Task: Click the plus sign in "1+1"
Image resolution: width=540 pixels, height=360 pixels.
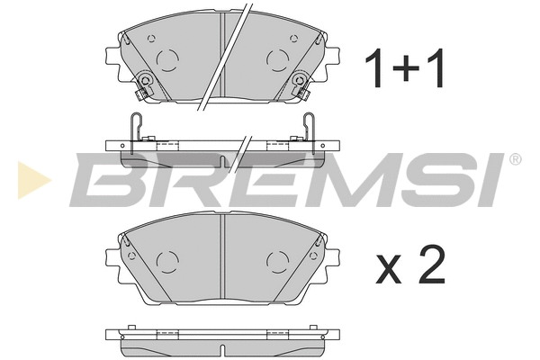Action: pyautogui.click(x=405, y=69)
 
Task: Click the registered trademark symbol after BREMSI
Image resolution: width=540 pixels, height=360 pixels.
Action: pyautogui.click(x=515, y=159)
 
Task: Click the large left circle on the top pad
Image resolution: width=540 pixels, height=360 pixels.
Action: pyautogui.click(x=168, y=58)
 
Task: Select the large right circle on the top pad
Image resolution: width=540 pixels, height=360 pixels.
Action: pyautogui.click(x=277, y=58)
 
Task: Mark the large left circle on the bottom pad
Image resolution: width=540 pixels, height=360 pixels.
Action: pyautogui.click(x=168, y=262)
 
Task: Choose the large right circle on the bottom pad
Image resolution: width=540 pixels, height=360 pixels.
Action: pyautogui.click(x=277, y=262)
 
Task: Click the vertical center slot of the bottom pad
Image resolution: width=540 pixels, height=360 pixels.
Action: pyautogui.click(x=222, y=261)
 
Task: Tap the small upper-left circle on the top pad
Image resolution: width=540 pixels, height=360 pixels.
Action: pyautogui.click(x=152, y=39)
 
